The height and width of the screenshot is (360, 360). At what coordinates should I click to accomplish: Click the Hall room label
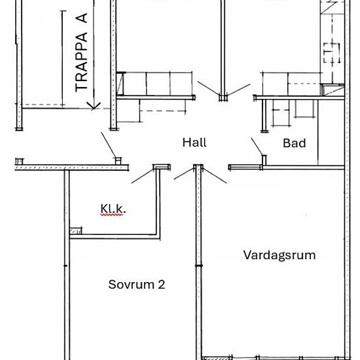coord(194,143)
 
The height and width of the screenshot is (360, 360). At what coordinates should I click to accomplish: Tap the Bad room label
coord(295,143)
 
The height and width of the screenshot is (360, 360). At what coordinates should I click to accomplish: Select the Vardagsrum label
coord(279,255)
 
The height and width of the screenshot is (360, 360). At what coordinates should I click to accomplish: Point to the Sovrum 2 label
coord(137,285)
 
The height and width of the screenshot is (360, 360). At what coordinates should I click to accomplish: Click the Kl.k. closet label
coord(113,209)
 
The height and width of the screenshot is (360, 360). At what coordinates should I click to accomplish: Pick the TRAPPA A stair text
coord(82,52)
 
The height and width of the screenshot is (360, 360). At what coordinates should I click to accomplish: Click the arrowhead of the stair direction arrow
coord(94,106)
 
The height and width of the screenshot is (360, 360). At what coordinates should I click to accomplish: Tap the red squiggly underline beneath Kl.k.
coord(111,215)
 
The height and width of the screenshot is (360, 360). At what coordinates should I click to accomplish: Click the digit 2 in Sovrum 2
coord(162,285)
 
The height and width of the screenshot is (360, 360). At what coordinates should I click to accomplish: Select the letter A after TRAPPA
coord(82,18)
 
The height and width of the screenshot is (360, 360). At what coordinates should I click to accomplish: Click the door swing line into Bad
coord(257,147)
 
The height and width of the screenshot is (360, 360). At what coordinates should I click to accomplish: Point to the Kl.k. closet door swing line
coord(142,176)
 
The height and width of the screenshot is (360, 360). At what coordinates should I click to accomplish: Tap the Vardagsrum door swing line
coord(215,175)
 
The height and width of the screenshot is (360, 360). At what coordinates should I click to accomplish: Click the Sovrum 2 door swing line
coord(184,173)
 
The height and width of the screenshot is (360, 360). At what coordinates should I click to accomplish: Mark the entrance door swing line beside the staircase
coord(109,145)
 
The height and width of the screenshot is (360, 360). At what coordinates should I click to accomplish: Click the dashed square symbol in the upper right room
coord(332,53)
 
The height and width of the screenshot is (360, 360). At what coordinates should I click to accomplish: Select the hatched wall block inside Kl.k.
coord(75,231)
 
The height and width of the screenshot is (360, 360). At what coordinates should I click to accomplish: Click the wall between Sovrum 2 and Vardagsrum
coord(199,262)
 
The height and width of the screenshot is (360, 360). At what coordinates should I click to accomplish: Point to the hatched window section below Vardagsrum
coord(217,358)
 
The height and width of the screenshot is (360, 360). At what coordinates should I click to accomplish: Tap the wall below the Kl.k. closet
coord(115,237)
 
